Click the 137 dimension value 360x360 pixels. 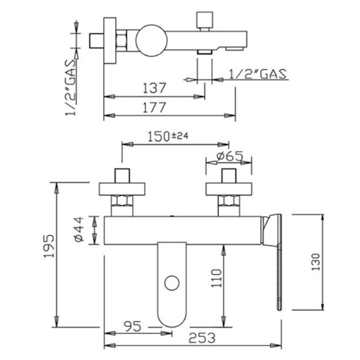pyautogui.click(x=154, y=88)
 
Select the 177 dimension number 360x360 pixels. pyautogui.click(x=154, y=107)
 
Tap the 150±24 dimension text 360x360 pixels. pyautogui.click(x=168, y=136)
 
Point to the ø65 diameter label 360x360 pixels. pyautogui.click(x=230, y=156)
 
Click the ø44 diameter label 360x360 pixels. pyautogui.click(x=79, y=229)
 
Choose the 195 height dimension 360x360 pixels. pyautogui.click(x=49, y=246)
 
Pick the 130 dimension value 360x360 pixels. pyautogui.click(x=316, y=262)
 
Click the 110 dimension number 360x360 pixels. pyautogui.click(x=216, y=278)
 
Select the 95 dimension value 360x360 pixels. pyautogui.click(x=133, y=326)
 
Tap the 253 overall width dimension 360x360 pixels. pyautogui.click(x=202, y=338)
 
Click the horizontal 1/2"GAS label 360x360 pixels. pyautogui.click(x=258, y=74)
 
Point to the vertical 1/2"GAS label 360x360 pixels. pyautogui.click(x=70, y=88)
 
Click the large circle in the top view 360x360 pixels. pyautogui.click(x=151, y=40)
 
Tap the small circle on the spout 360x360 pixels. pyautogui.click(x=172, y=283)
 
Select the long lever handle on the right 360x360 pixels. pyautogui.click(x=279, y=262)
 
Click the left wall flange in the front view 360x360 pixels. pyautogui.click(x=122, y=189)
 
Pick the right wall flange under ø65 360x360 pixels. pyautogui.click(x=229, y=189)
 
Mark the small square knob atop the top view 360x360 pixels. pyautogui.click(x=205, y=20)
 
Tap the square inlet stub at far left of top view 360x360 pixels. pyautogui.click(x=96, y=41)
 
